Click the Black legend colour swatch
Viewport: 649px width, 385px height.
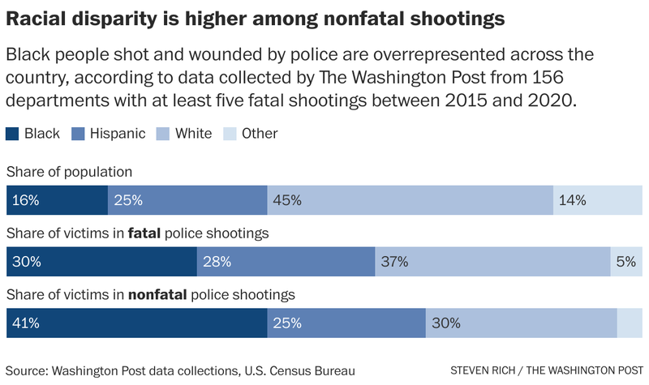[12, 134]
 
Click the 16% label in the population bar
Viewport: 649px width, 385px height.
[26, 199]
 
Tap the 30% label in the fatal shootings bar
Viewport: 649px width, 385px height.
[26, 262]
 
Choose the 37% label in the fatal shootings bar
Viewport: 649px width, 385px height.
[395, 262]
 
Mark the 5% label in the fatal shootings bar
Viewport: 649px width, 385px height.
[626, 262]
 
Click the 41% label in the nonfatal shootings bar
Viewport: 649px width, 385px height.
[26, 323]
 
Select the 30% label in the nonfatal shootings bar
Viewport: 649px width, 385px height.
[446, 323]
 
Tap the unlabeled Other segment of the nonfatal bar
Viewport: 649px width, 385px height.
[629, 323]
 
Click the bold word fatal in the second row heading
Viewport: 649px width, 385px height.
[144, 233]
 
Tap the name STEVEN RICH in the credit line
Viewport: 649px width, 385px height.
[486, 371]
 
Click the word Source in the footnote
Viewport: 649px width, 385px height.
[27, 371]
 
